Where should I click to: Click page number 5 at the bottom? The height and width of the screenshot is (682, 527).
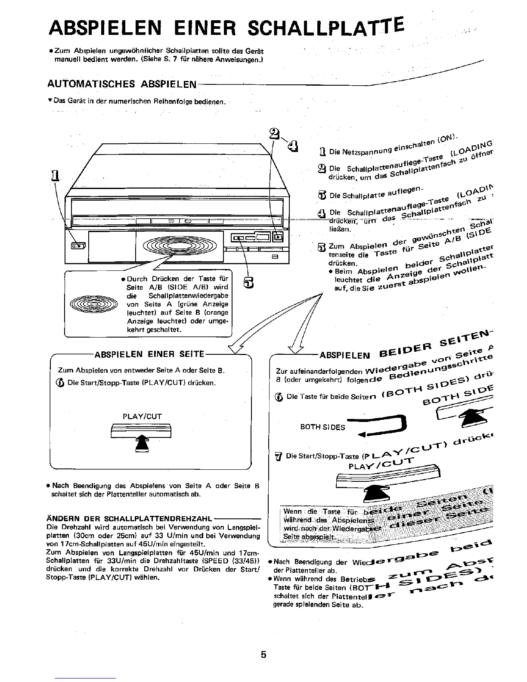click(263, 655)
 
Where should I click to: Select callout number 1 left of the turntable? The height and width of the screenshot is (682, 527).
click(55, 176)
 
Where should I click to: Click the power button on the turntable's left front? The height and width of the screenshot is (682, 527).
click(78, 246)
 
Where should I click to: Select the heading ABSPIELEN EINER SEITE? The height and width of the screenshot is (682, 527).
click(149, 354)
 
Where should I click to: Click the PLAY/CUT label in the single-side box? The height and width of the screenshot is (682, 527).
click(142, 416)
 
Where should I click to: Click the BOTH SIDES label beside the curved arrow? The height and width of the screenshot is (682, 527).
click(322, 427)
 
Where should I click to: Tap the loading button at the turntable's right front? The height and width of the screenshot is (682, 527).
click(278, 236)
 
